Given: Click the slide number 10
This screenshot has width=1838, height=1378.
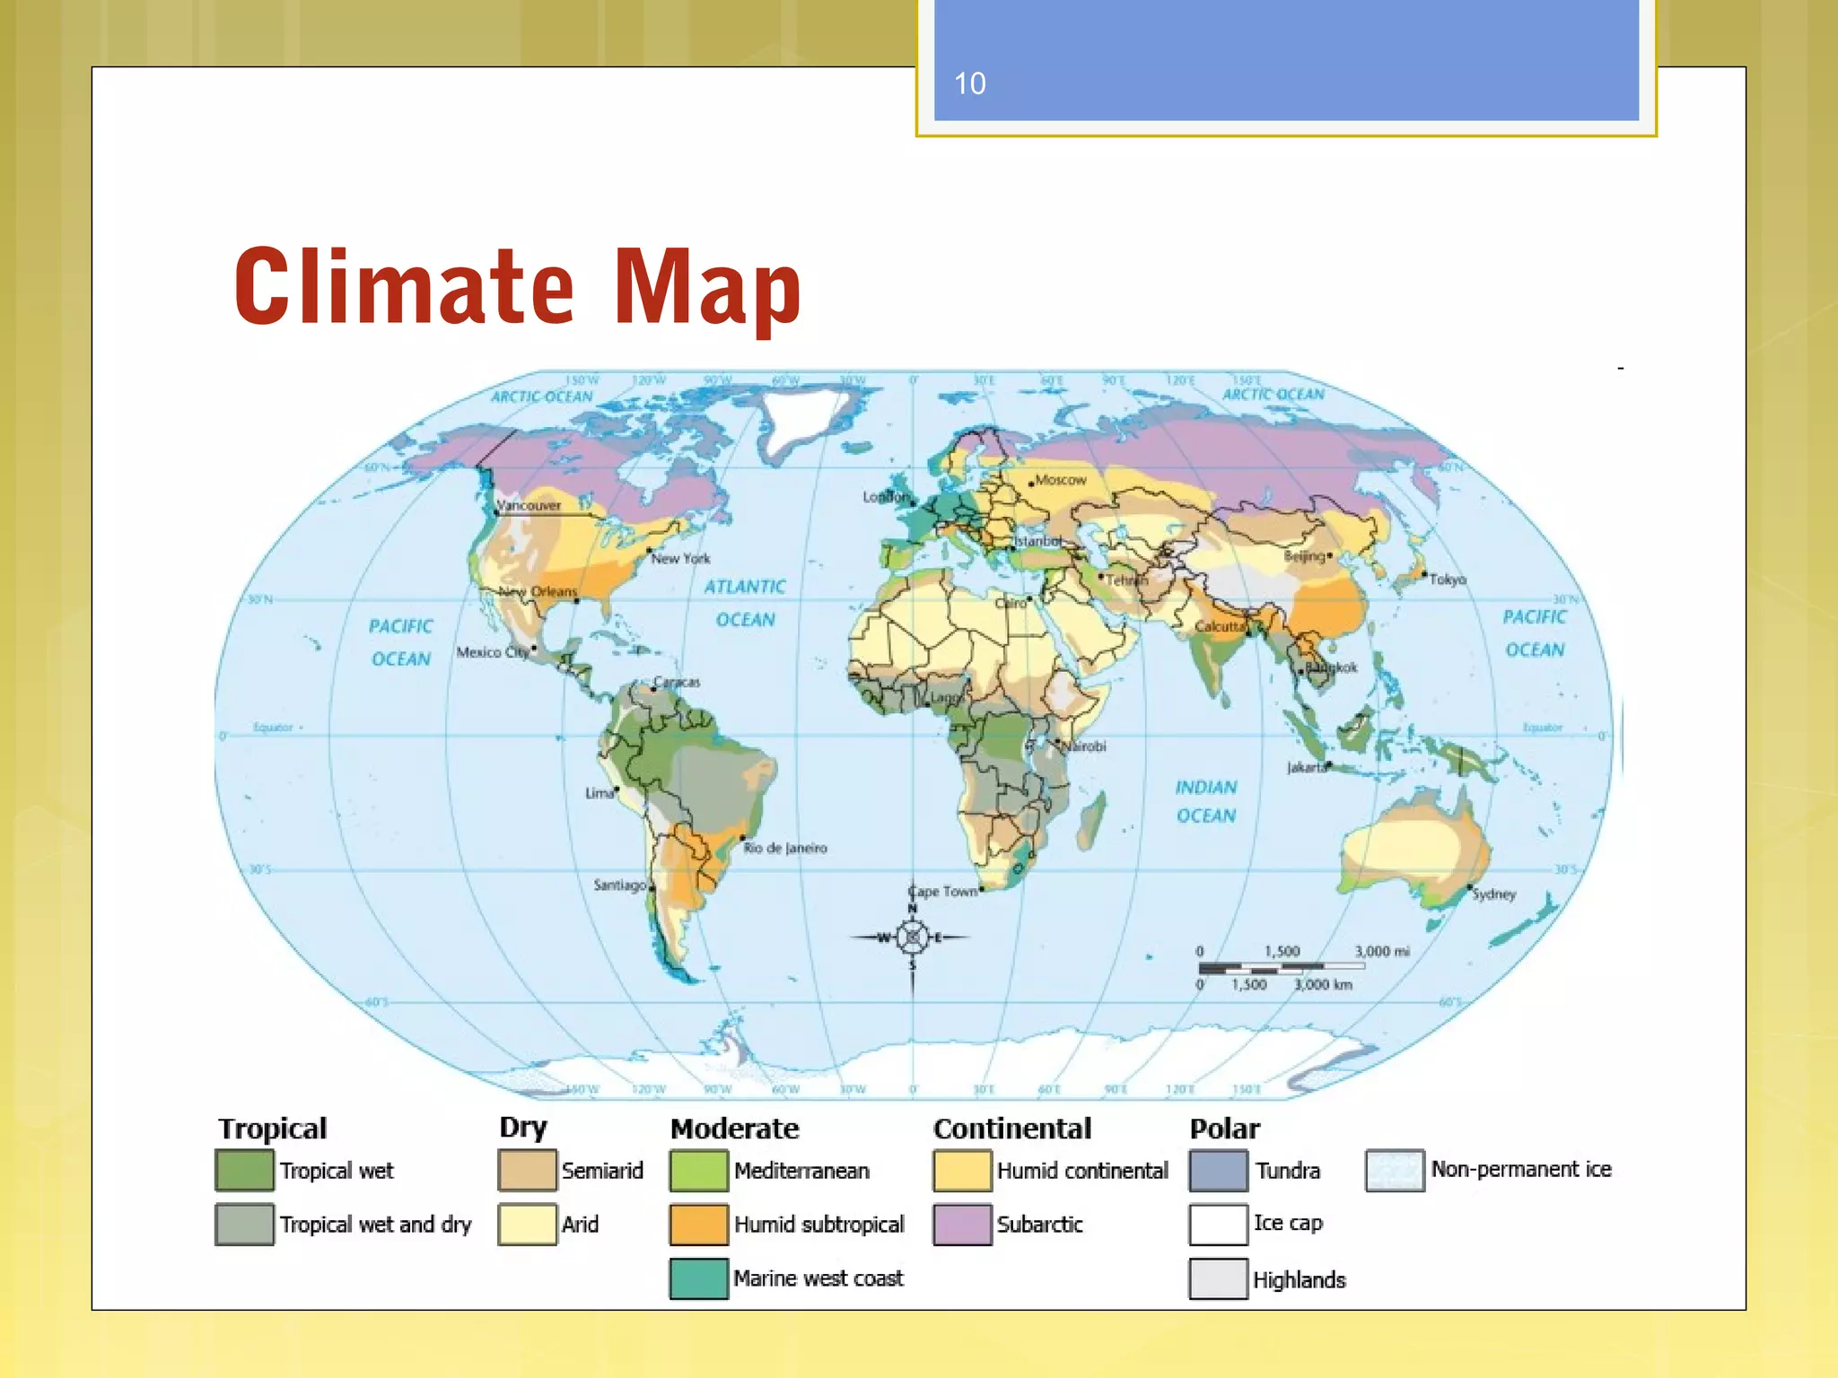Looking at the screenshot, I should point(969,83).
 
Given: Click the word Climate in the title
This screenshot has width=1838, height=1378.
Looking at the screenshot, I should point(404,285).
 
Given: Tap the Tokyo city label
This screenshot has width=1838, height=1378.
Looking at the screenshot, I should point(1447,580).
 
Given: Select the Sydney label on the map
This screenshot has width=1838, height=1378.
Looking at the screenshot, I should point(1493,894).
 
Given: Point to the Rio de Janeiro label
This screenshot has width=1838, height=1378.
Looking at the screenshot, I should point(785,848).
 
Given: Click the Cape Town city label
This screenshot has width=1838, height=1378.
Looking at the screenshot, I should point(941,891).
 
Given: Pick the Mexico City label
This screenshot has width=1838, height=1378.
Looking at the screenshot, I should point(492,652).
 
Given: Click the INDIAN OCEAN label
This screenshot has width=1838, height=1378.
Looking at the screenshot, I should point(1206,801).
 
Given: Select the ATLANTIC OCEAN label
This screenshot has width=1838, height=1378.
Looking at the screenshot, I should point(745,603).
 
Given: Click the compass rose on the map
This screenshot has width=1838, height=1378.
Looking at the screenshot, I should point(913,938).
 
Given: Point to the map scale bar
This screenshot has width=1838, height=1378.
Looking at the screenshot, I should point(1281,968).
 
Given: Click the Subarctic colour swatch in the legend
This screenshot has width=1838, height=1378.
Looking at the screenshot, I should point(962,1225).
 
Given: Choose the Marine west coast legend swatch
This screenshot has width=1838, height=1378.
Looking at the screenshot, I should point(698,1278).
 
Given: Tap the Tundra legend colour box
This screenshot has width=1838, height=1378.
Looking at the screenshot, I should point(1218,1171).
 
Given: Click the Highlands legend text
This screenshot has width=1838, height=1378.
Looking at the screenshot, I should point(1299,1280).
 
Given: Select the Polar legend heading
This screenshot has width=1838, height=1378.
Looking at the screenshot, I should point(1224,1129).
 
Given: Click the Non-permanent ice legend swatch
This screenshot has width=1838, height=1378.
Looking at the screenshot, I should point(1395,1170).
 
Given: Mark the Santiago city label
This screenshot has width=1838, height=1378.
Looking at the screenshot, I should point(619,885).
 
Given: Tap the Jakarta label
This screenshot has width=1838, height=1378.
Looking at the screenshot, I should point(1307,768).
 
